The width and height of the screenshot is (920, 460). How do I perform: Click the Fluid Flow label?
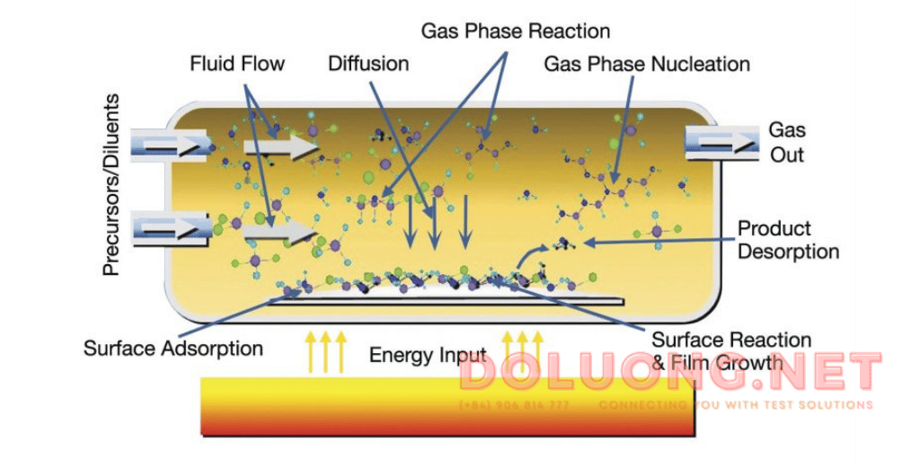click(x=237, y=64)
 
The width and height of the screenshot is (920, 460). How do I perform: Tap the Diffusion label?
click(x=368, y=64)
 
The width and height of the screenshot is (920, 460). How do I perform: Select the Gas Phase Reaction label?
click(x=516, y=31)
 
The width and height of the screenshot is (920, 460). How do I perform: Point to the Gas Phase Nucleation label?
click(x=647, y=65)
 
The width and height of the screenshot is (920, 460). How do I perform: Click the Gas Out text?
click(x=787, y=142)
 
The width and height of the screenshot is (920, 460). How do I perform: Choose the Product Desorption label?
click(x=788, y=239)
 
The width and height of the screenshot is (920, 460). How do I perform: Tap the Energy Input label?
click(x=428, y=355)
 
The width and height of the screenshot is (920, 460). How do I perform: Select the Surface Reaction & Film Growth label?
click(x=731, y=351)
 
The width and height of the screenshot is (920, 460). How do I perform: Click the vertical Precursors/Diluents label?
click(x=112, y=183)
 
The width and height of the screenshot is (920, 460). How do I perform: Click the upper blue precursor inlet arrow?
click(x=172, y=144)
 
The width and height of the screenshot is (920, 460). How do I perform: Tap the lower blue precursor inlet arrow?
click(x=172, y=229)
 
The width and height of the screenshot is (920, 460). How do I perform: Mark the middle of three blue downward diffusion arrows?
click(x=436, y=225)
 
